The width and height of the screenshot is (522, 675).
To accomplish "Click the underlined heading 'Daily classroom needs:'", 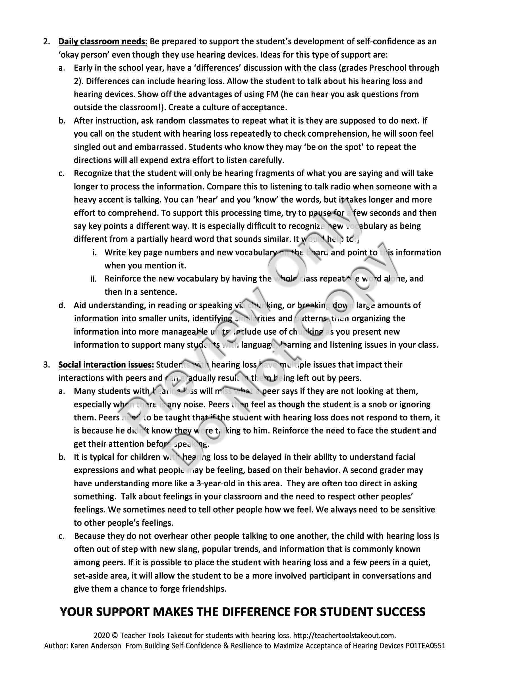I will pyautogui.click(x=103, y=42).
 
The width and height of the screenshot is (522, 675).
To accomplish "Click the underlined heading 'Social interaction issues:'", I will pyautogui.click(x=106, y=365).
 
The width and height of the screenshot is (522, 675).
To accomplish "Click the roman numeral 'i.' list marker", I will pyautogui.click(x=95, y=253).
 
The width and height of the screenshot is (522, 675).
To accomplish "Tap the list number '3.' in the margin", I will pyautogui.click(x=47, y=365).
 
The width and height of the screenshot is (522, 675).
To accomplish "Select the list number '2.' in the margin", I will pyautogui.click(x=47, y=42).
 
